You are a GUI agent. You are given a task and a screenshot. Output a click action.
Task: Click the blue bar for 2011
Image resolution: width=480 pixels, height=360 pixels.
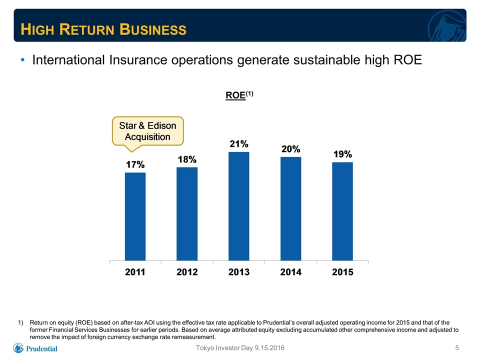click(135, 216)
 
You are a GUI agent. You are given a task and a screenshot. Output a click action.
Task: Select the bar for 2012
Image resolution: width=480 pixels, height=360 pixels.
click(187, 213)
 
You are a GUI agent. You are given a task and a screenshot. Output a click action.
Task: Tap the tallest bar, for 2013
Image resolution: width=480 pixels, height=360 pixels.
click(239, 206)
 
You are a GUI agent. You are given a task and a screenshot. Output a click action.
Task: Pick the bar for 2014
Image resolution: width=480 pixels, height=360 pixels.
click(291, 209)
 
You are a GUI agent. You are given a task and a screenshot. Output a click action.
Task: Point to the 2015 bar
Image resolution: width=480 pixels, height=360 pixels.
click(342, 211)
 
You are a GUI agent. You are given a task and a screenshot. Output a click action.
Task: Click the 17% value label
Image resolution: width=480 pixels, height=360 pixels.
click(135, 164)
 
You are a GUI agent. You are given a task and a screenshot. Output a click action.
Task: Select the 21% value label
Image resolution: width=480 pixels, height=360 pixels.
click(239, 144)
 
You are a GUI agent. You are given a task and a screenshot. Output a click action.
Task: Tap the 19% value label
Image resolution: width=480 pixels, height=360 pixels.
click(343, 154)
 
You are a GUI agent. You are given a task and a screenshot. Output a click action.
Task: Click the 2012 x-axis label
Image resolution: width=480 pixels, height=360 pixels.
click(187, 272)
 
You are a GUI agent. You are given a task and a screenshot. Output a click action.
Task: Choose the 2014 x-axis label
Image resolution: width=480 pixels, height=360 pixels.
click(291, 272)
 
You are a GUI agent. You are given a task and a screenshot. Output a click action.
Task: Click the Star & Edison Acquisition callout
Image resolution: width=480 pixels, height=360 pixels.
click(148, 131)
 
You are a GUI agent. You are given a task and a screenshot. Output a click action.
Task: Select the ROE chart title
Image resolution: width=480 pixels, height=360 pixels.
click(239, 95)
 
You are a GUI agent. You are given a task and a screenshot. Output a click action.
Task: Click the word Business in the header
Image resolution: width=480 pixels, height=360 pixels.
click(153, 29)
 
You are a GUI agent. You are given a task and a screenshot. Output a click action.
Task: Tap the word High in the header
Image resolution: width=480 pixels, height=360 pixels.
click(37, 29)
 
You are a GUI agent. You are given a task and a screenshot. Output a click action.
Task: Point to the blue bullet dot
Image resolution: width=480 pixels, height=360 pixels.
click(22, 59)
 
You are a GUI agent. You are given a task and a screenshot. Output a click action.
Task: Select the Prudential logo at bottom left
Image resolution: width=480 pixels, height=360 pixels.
click(35, 348)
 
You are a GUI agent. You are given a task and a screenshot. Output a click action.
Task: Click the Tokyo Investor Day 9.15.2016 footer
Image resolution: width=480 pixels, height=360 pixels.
click(240, 348)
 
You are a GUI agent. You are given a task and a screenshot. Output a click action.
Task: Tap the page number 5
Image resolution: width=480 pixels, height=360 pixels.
click(457, 348)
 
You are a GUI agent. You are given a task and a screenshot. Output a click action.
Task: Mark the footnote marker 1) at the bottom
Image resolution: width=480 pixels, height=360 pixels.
click(21, 322)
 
